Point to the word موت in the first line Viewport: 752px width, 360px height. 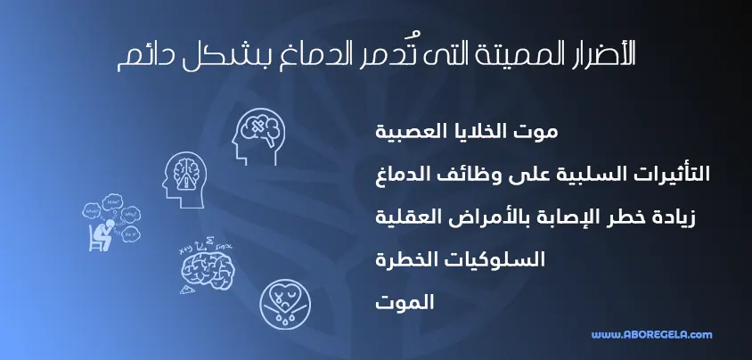point(538,132)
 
